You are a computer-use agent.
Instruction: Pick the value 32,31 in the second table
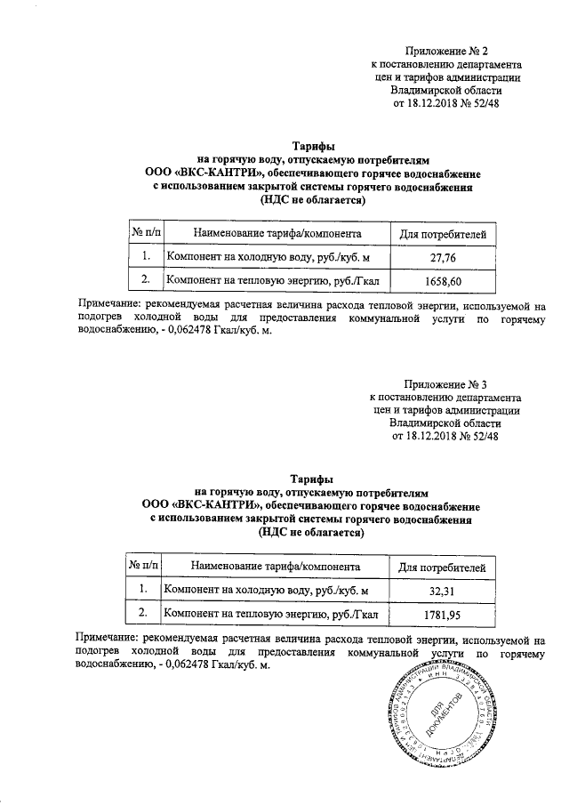[442, 591]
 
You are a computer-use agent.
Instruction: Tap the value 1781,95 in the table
[442, 615]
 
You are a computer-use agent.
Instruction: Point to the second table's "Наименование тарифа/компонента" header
[275, 566]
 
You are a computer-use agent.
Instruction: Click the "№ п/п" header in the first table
[145, 234]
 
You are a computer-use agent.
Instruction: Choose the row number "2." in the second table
[142, 615]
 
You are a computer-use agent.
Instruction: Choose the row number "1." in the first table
[145, 258]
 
